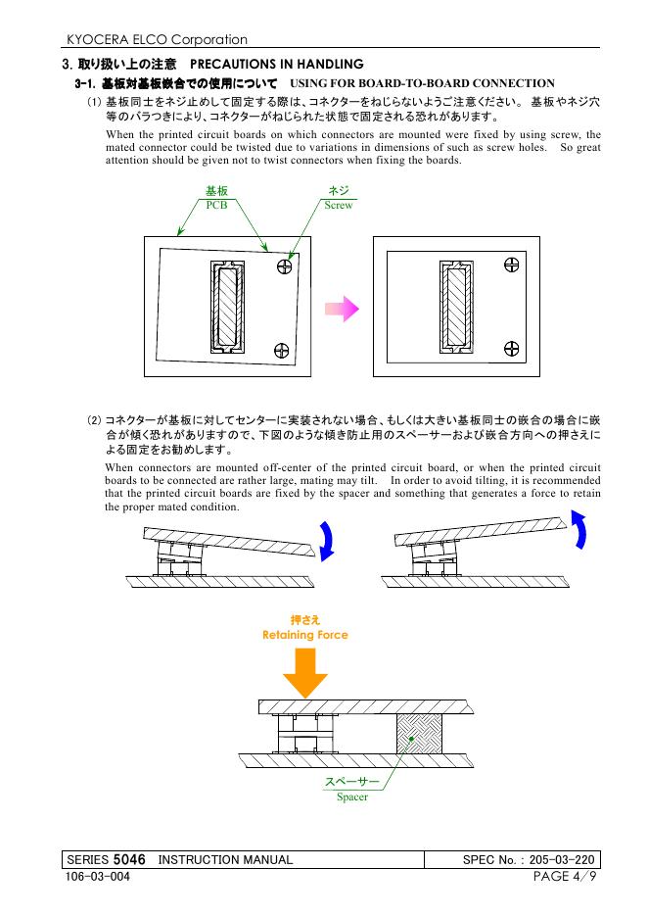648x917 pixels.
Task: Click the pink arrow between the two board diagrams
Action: (x=342, y=309)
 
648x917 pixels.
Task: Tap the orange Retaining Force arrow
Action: (x=304, y=670)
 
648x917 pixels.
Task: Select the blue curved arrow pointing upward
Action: (x=579, y=541)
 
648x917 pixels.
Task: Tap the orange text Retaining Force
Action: (x=304, y=635)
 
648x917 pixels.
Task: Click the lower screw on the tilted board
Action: (x=282, y=349)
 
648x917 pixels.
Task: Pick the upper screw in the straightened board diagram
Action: (x=511, y=265)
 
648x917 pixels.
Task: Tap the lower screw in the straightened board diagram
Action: (x=511, y=347)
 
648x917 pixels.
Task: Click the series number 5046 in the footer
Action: (x=130, y=859)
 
